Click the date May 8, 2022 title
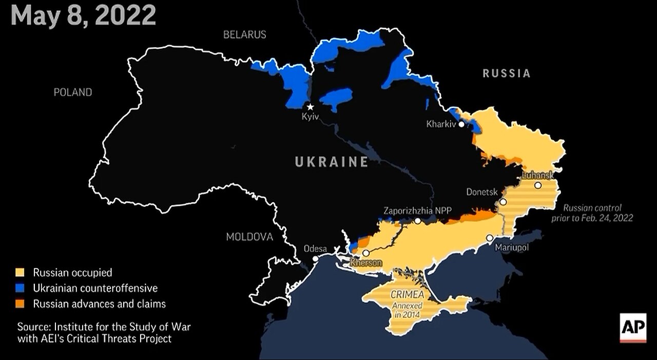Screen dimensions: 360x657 pos(83,15)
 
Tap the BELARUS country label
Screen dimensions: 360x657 pos(244,35)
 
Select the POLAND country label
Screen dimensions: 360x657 pos(73,92)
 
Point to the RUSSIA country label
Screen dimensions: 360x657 pos(506,73)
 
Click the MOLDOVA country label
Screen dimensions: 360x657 pos(249,237)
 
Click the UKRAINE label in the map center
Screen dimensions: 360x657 pos(332,162)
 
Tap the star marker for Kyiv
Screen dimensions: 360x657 pos(310,107)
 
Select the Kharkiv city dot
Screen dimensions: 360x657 pos(462,124)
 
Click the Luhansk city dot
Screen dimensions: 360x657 pos(537,185)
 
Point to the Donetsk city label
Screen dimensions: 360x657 pos(482,192)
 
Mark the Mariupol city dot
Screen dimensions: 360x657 pos(490,238)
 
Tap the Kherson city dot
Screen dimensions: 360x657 pos(366,253)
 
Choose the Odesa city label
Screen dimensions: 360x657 pos(315,249)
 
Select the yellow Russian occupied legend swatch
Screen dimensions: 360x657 pos(20,272)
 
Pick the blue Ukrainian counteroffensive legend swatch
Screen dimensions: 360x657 pos(20,288)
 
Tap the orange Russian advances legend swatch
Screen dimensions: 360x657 pos(20,304)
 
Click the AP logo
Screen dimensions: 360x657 pos(633,326)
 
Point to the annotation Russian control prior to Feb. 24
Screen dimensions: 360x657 pos(598,213)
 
